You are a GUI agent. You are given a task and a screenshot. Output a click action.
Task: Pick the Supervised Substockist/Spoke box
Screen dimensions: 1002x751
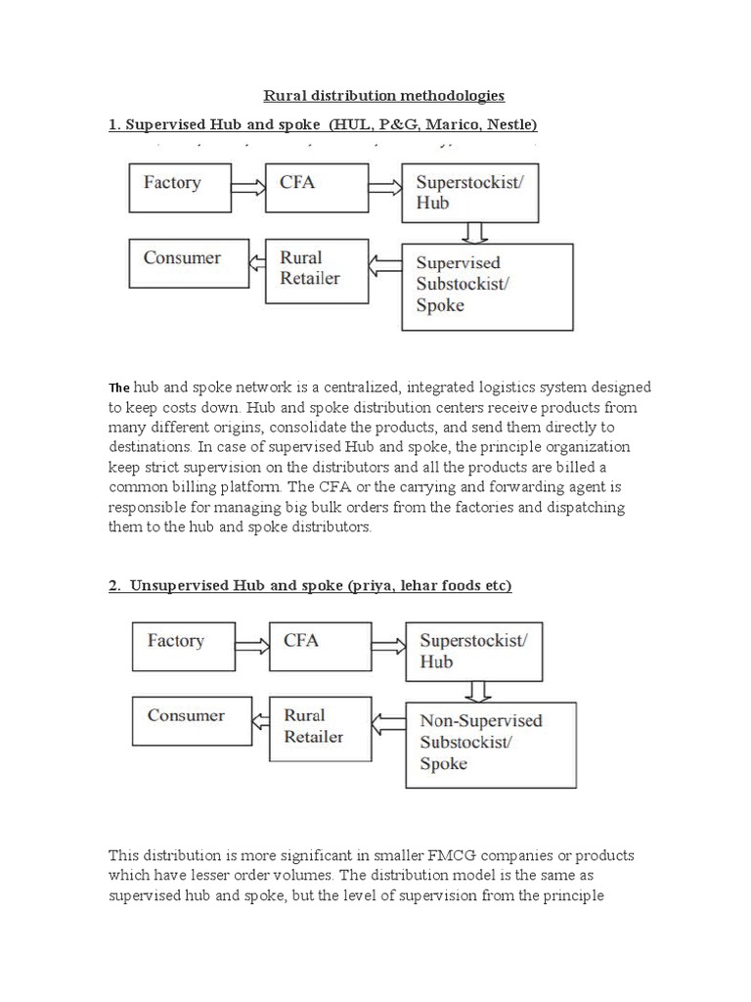click(x=486, y=285)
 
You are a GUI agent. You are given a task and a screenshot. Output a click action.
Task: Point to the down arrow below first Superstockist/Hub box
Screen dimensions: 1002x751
click(x=476, y=233)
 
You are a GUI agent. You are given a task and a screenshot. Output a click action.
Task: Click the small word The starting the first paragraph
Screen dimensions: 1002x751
click(x=118, y=387)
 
